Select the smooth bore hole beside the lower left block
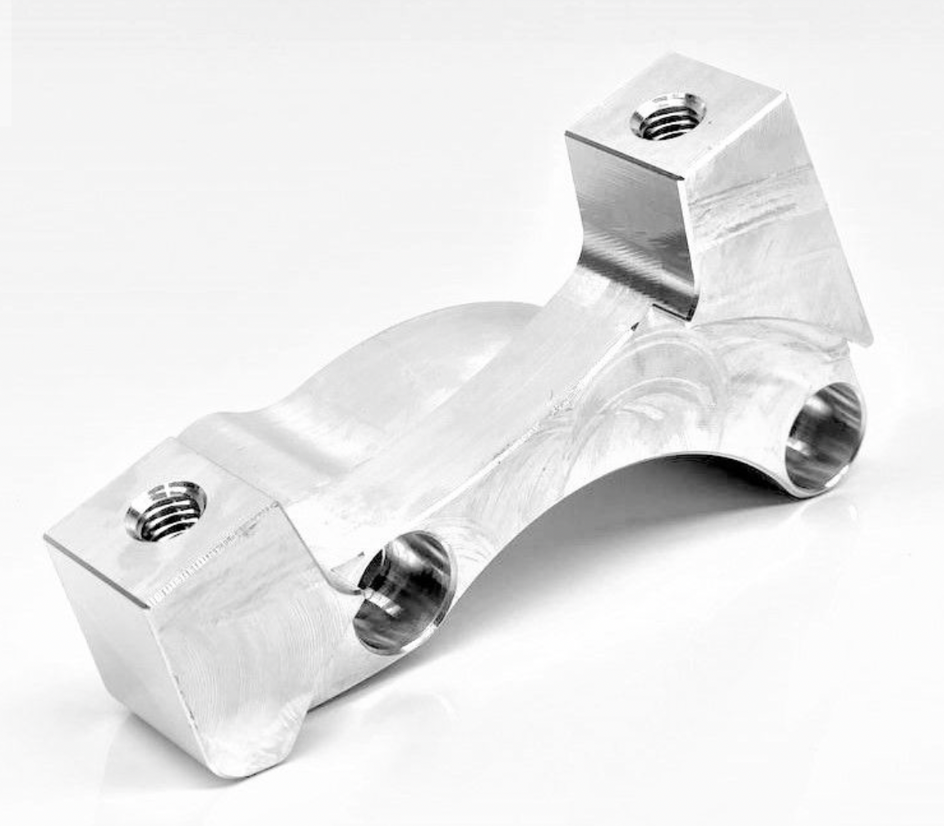(x=402, y=590)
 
